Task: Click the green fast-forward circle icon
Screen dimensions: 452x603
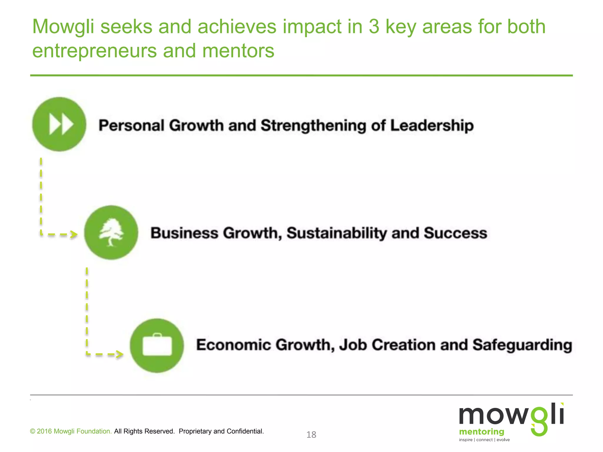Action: (x=59, y=124)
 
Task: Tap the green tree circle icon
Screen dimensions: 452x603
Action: (x=111, y=232)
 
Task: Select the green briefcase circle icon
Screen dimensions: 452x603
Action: (x=157, y=345)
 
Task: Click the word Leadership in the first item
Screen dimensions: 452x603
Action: (x=432, y=126)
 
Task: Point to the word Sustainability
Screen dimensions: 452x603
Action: (x=337, y=233)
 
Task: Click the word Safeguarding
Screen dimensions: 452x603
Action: (x=522, y=345)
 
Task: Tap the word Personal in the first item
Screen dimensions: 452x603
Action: (x=131, y=126)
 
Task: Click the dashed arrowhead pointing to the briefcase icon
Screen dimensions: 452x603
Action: (x=120, y=354)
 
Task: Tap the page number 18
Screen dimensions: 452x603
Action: (x=311, y=435)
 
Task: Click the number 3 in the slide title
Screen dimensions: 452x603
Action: (x=374, y=26)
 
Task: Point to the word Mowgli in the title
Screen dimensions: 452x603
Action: (x=63, y=26)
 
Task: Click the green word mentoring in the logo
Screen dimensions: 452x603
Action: (x=481, y=432)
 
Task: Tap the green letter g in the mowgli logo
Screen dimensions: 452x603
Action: (x=539, y=421)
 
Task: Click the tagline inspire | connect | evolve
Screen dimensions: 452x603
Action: (x=484, y=440)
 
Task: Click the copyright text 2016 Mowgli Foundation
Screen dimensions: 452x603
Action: (x=71, y=431)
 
